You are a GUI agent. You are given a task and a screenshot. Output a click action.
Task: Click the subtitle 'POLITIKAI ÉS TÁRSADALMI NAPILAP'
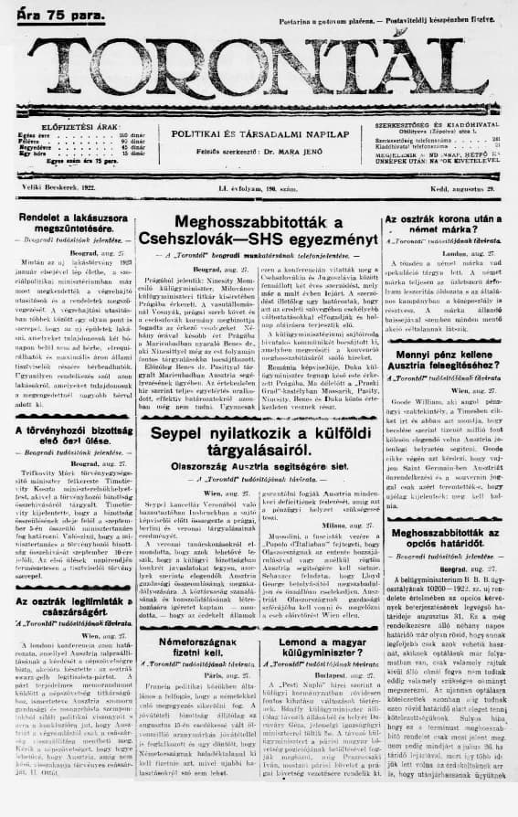tap(259, 133)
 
